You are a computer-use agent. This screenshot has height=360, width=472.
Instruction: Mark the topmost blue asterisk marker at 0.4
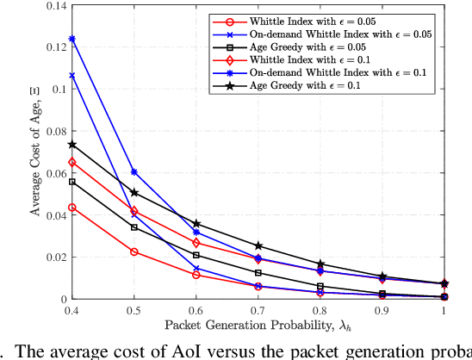[71, 39]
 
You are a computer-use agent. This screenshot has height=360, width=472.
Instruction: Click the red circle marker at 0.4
[71, 208]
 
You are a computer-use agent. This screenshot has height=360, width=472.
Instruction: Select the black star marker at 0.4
[71, 145]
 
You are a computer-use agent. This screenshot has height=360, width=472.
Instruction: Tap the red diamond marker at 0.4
[71, 162]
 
